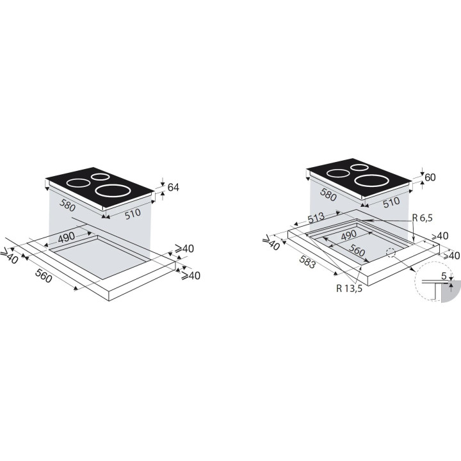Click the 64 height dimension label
pyautogui.click(x=173, y=187)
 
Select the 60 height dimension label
pyautogui.click(x=430, y=177)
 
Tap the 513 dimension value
pyautogui.click(x=316, y=218)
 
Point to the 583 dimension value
pyautogui.click(x=307, y=262)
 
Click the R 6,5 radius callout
pyautogui.click(x=423, y=218)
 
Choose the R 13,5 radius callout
pyautogui.click(x=350, y=288)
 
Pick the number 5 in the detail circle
pyautogui.click(x=444, y=276)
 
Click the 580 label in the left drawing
pyautogui.click(x=67, y=205)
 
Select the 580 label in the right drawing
pyautogui.click(x=328, y=195)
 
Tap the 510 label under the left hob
pyautogui.click(x=133, y=214)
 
